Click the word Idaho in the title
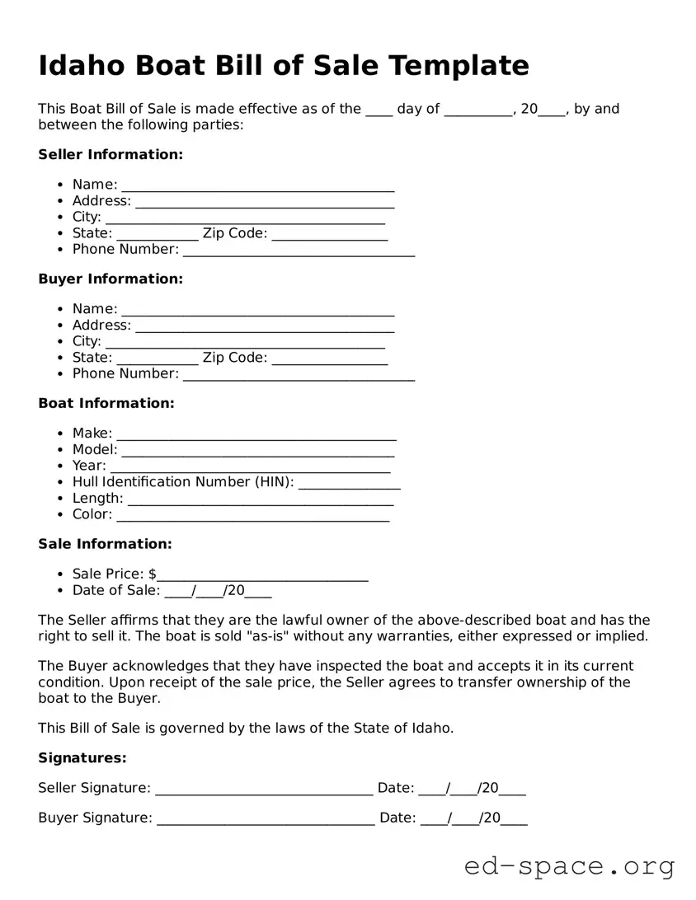click(81, 64)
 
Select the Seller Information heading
click(111, 154)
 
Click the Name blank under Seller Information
click(257, 185)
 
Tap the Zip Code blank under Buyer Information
click(329, 358)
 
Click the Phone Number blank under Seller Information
click(299, 250)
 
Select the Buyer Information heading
click(111, 279)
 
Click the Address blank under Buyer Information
click(265, 326)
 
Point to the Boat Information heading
click(106, 403)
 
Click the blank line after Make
click(256, 434)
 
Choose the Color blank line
click(252, 514)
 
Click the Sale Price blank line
click(262, 574)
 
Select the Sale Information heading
click(105, 544)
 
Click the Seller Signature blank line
click(264, 789)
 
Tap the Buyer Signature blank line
click(266, 818)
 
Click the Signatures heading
click(82, 757)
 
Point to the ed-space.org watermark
click(569, 866)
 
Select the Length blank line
click(261, 499)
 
